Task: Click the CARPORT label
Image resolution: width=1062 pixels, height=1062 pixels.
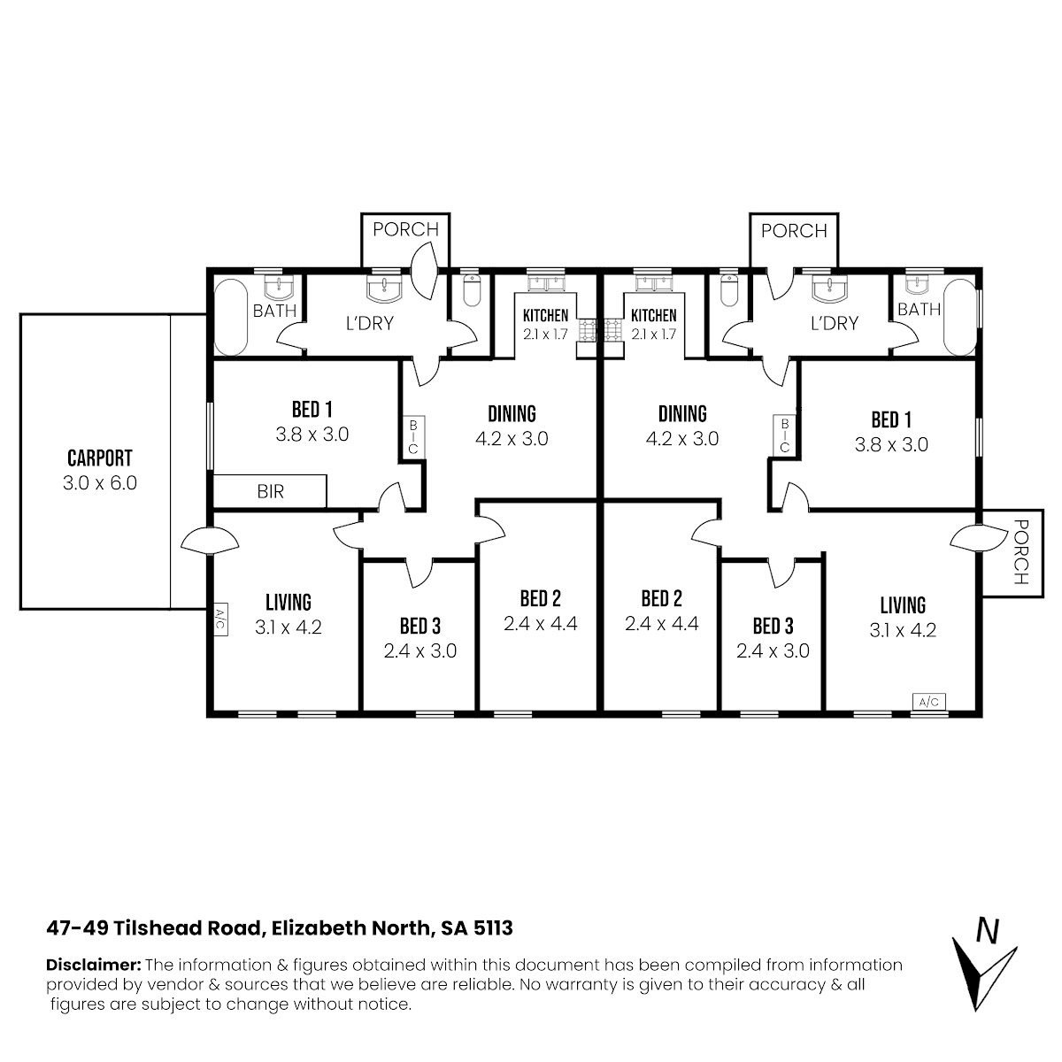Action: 100,458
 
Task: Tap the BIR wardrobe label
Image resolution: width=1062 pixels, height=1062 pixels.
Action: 270,491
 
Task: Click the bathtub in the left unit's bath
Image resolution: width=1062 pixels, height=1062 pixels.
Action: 231,318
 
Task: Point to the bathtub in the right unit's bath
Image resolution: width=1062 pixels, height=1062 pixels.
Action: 960,318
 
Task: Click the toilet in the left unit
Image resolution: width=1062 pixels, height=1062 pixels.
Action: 472,289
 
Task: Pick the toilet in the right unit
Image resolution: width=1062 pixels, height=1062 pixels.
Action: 728,289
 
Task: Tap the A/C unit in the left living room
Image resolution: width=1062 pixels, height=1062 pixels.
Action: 219,619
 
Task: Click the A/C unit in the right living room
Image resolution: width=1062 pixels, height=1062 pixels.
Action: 929,702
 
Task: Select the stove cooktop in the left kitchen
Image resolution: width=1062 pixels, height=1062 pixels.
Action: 588,329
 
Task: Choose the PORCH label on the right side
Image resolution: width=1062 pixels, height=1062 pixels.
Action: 1021,551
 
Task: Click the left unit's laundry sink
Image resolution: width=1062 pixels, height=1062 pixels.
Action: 384,288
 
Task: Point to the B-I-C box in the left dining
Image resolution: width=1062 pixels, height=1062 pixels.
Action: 413,436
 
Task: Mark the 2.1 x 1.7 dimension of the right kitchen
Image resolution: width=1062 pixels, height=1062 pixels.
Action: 654,334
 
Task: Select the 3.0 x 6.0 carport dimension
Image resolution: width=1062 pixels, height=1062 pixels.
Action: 100,483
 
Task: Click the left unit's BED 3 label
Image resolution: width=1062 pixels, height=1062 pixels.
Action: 420,626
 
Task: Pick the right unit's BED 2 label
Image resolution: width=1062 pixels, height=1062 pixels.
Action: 662,598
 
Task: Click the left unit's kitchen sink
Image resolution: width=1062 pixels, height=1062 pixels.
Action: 546,282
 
